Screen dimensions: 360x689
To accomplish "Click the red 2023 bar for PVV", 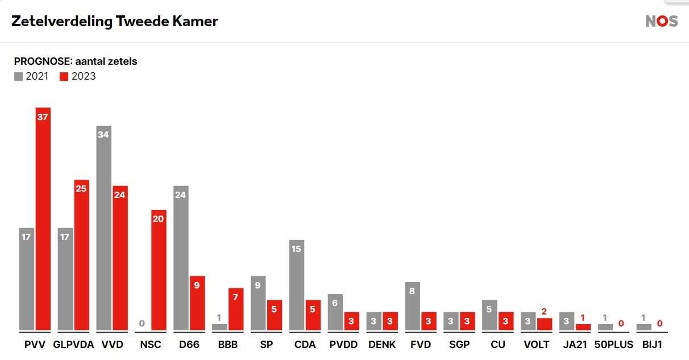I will (x=43, y=219).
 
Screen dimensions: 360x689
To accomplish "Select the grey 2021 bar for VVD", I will (x=104, y=227).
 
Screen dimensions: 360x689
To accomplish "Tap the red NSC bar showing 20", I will (x=159, y=270).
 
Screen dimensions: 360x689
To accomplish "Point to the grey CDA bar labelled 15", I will (x=297, y=285).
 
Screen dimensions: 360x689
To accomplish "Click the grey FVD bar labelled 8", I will (x=413, y=306).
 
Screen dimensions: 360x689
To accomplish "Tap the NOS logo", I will (x=661, y=22).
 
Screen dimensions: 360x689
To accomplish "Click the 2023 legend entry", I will (x=78, y=76).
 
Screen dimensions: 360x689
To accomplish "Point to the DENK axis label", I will (x=382, y=345).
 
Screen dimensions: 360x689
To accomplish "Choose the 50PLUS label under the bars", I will (x=613, y=345).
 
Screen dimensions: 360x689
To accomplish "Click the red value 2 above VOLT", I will (x=544, y=311).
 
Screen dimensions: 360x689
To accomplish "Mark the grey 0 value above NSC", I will (x=142, y=324).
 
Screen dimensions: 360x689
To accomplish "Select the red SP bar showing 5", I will (x=275, y=315).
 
